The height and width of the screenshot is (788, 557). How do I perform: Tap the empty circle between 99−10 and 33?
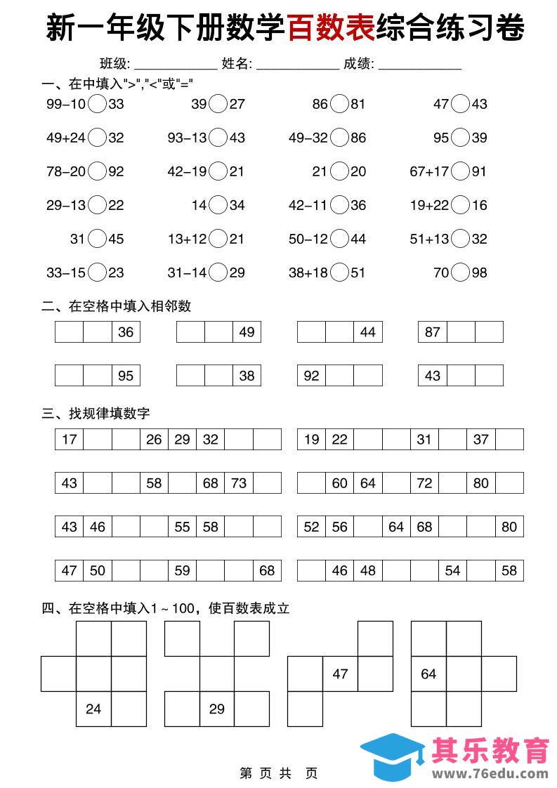click(x=97, y=105)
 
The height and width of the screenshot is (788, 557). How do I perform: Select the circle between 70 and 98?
click(x=460, y=272)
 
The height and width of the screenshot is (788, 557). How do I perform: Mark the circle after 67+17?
click(x=460, y=171)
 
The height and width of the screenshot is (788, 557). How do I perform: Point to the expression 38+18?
click(x=308, y=272)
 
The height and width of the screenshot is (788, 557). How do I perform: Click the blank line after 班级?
click(x=176, y=65)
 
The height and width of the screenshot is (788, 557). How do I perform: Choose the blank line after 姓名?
click(x=298, y=65)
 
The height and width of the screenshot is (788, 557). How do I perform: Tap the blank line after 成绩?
click(x=420, y=65)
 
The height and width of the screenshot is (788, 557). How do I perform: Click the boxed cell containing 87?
click(x=432, y=332)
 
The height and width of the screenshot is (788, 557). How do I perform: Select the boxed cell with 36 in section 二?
click(x=126, y=332)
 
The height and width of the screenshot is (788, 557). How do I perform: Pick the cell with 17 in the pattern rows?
click(x=69, y=440)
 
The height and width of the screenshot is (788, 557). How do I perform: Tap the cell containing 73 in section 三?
click(x=239, y=483)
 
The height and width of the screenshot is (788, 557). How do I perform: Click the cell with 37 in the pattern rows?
click(x=481, y=440)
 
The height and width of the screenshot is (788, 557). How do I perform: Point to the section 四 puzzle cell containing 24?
click(x=93, y=709)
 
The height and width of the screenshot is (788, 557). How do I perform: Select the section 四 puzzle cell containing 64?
click(x=428, y=674)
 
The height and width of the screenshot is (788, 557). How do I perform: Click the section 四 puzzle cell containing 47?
click(x=340, y=674)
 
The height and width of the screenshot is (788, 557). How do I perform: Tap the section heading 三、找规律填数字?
click(x=96, y=414)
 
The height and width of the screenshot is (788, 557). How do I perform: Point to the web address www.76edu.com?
click(x=490, y=774)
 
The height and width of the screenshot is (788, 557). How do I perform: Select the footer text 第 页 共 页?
click(x=278, y=773)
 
